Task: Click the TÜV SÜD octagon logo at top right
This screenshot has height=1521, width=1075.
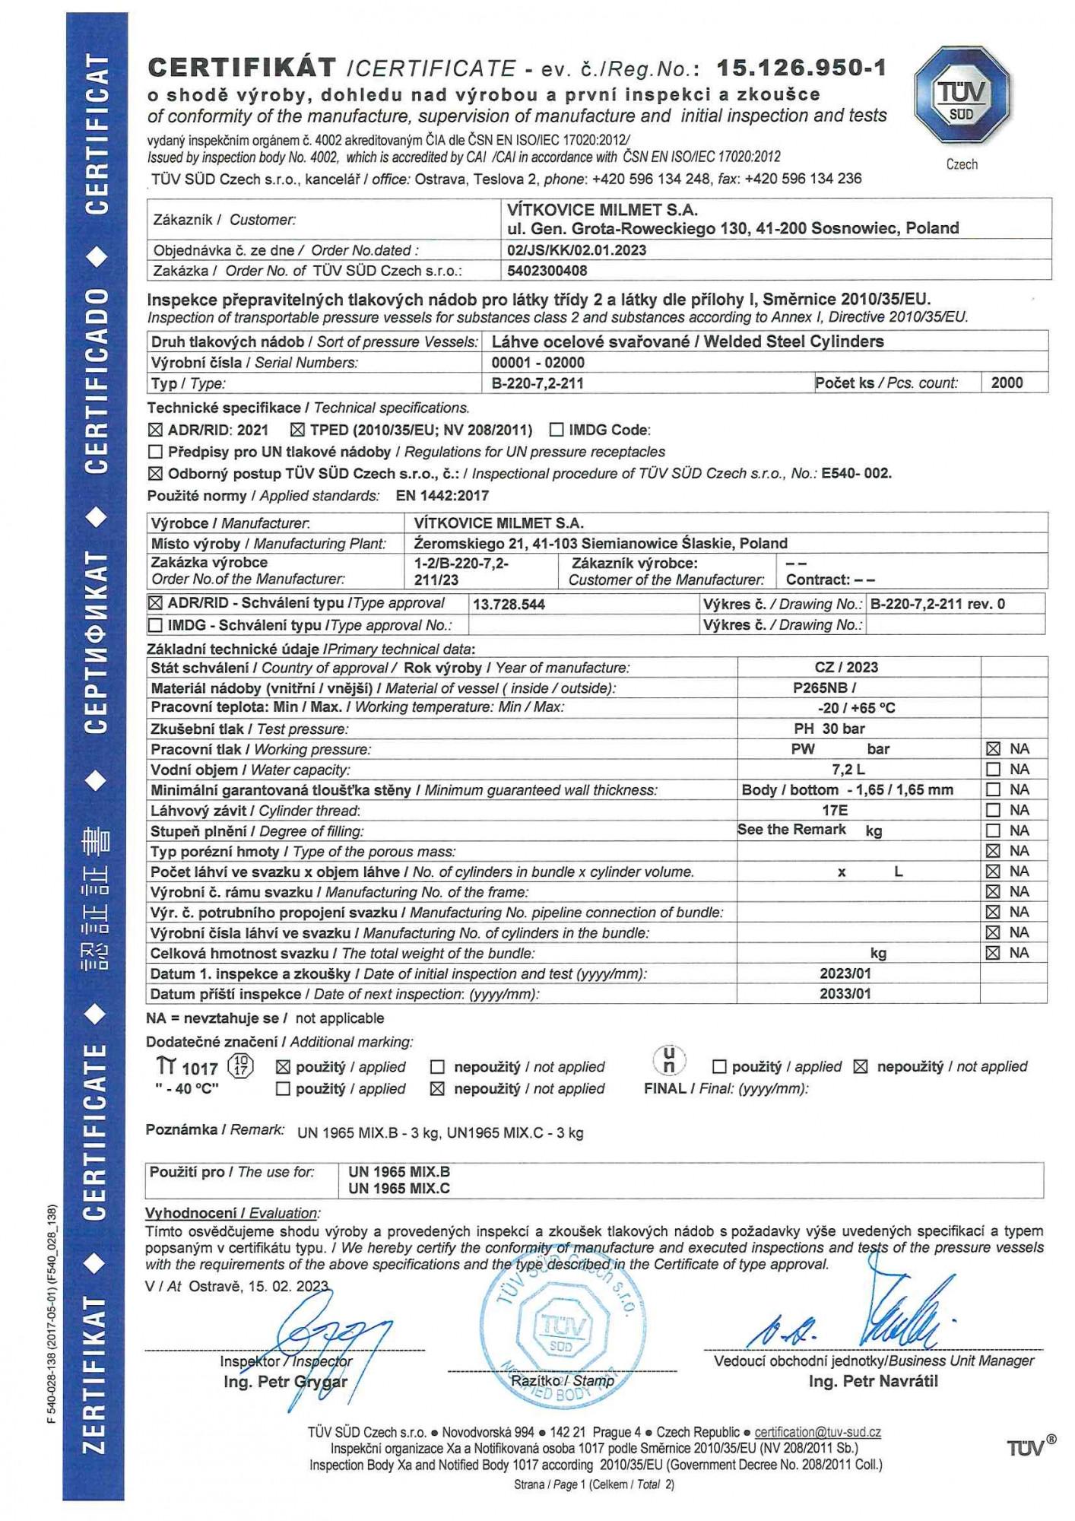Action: click(x=962, y=95)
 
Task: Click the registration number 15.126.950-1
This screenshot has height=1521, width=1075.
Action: click(x=801, y=68)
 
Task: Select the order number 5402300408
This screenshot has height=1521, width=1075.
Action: click(x=547, y=271)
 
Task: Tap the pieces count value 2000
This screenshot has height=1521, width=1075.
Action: click(x=1007, y=383)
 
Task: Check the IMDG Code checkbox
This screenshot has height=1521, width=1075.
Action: click(x=557, y=430)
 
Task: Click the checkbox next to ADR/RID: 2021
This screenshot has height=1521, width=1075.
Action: click(x=155, y=430)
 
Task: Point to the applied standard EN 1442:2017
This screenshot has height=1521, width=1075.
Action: click(x=442, y=496)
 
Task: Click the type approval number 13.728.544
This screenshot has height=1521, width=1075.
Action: click(x=509, y=605)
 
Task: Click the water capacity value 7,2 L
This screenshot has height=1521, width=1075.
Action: click(x=848, y=770)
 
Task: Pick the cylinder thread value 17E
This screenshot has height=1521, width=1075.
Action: click(x=835, y=811)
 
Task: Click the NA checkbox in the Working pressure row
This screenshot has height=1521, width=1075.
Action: click(x=993, y=749)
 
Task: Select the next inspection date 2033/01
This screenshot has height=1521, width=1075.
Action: click(x=845, y=994)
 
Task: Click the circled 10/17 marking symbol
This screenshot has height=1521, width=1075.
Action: click(x=241, y=1066)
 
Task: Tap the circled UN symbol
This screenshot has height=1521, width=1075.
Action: click(x=669, y=1060)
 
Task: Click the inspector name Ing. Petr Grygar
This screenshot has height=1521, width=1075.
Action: click(x=285, y=1382)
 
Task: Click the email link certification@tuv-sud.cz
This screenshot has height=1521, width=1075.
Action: click(x=817, y=1432)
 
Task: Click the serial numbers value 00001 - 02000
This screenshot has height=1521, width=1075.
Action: click(x=538, y=363)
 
